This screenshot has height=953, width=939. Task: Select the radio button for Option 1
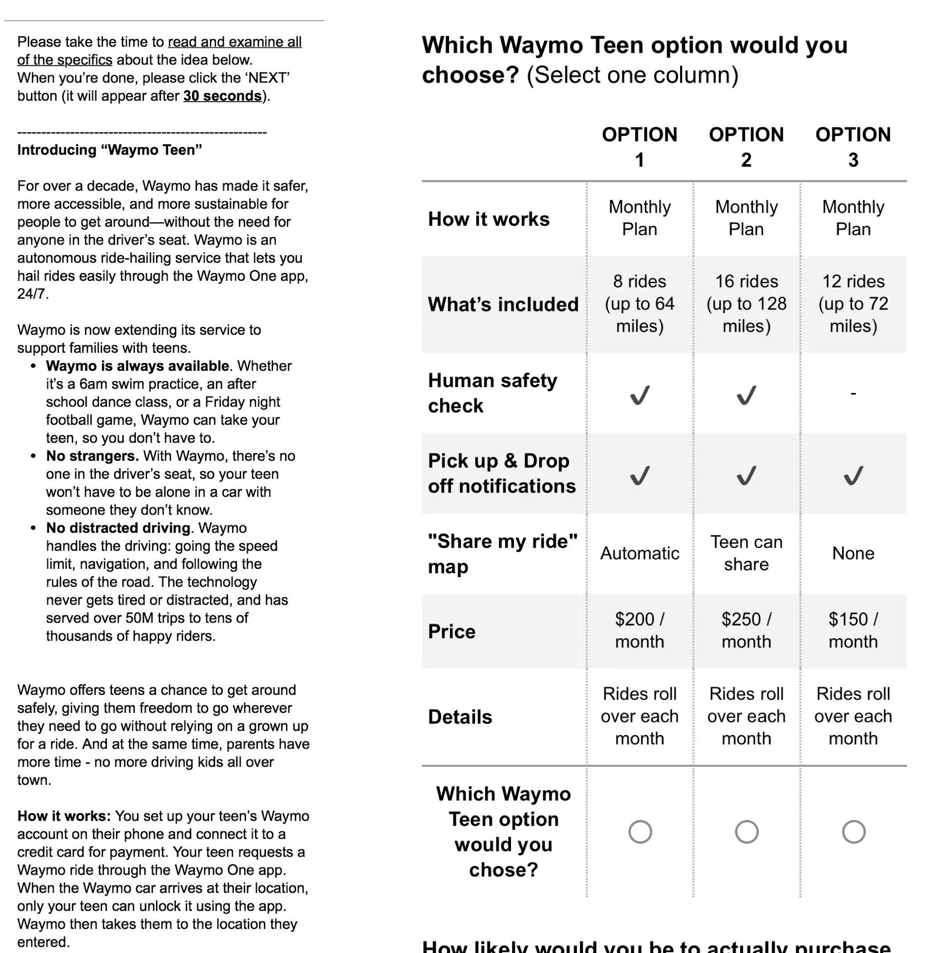tap(640, 832)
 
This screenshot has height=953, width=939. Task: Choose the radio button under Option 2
tap(747, 832)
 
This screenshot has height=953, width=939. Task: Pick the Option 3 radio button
tap(854, 832)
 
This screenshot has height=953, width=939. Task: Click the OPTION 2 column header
tap(746, 147)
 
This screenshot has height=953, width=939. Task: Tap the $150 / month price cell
tap(853, 630)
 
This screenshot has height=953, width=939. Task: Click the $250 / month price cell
tap(746, 630)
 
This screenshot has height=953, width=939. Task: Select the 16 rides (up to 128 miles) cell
tap(746, 303)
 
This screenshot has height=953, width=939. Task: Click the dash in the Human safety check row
tap(853, 393)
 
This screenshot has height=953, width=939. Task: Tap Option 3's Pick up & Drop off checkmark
tap(853, 476)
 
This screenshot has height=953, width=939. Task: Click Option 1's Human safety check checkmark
tap(640, 395)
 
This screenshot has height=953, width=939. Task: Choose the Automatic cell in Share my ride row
tap(640, 553)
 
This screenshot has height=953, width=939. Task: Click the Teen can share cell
tap(746, 553)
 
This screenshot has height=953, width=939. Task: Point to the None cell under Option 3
tap(853, 553)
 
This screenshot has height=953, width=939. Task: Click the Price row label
tap(452, 631)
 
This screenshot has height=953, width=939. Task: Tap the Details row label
tap(460, 717)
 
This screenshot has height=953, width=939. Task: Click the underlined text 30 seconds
tap(222, 96)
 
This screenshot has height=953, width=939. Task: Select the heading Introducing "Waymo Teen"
tap(109, 150)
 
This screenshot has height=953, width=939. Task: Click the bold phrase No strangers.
tap(92, 456)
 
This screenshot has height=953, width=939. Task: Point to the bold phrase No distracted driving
tap(118, 528)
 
